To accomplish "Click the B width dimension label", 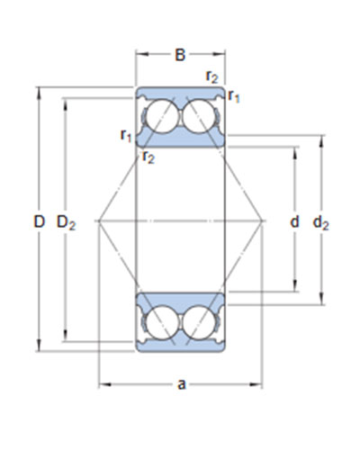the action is pyautogui.click(x=180, y=55).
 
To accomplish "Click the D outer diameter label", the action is pyautogui.click(x=39, y=222).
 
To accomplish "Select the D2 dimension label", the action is pyautogui.click(x=67, y=223).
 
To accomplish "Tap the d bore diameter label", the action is pyautogui.click(x=294, y=222).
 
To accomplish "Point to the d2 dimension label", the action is pyautogui.click(x=320, y=223).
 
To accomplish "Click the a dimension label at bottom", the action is pyautogui.click(x=182, y=384).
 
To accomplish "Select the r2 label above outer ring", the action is pyautogui.click(x=212, y=77).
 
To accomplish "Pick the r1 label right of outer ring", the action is pyautogui.click(x=234, y=96).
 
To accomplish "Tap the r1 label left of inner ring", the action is pyautogui.click(x=126, y=136).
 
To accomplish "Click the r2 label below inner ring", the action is pyautogui.click(x=148, y=157).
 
